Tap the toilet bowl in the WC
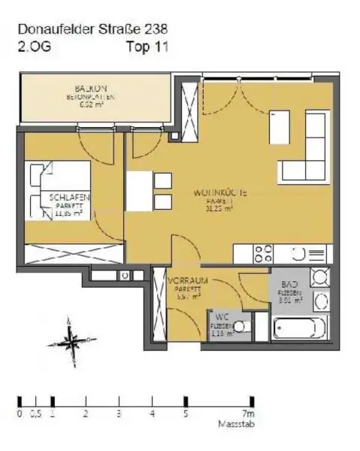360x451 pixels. tap(240, 326)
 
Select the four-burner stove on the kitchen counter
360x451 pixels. tap(264, 254)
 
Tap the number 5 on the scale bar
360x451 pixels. tap(185, 413)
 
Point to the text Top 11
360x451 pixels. tap(148, 46)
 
